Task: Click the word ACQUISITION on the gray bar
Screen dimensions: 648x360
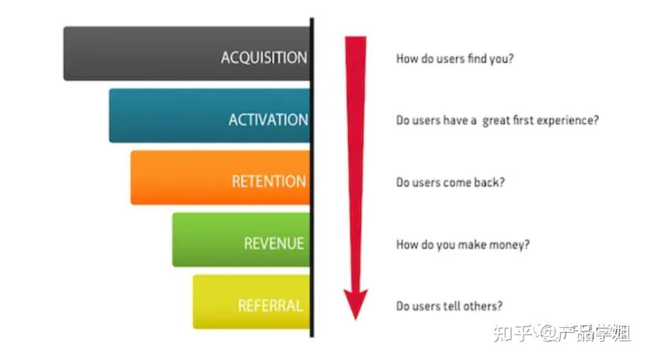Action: (x=264, y=58)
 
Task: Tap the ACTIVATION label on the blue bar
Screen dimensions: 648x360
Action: (x=268, y=120)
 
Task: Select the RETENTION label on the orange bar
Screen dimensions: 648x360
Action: (x=269, y=181)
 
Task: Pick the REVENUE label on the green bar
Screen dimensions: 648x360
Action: (x=274, y=244)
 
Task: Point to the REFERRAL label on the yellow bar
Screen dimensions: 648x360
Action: (x=270, y=305)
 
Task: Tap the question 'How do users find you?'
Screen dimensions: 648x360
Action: (x=455, y=59)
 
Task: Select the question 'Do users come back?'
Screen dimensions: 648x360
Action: (x=451, y=182)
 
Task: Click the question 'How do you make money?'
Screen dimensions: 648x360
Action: (x=463, y=244)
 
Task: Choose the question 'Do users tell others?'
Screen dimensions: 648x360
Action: (x=449, y=306)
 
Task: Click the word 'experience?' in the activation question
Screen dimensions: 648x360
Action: (x=572, y=121)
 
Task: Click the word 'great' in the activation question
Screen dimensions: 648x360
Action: (x=496, y=121)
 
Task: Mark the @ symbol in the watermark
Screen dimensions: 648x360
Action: (x=548, y=332)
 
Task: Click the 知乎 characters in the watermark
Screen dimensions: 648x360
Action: (x=512, y=333)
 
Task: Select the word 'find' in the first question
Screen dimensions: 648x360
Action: (x=477, y=58)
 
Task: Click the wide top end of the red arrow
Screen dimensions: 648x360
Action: (x=356, y=38)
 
